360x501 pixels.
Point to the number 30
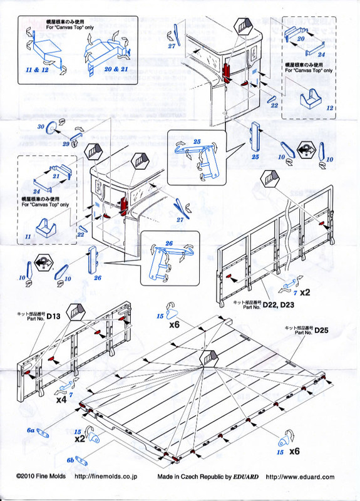(x=40, y=126)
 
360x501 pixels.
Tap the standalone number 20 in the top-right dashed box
(x=301, y=38)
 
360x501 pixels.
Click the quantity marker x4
(x=61, y=399)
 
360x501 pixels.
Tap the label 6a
(x=29, y=431)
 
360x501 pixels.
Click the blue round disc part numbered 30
(x=51, y=128)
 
